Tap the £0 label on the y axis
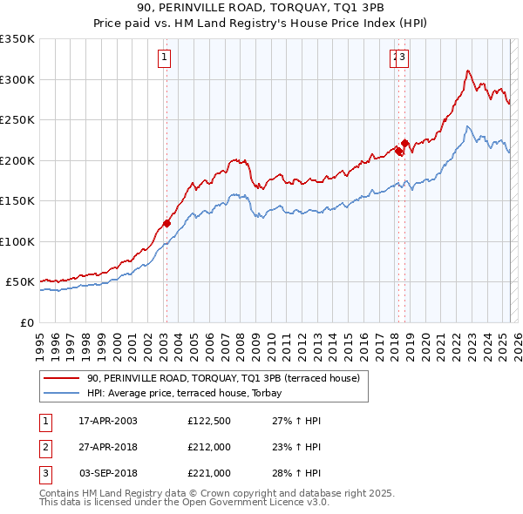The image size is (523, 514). (x=26, y=322)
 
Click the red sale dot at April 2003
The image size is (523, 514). (x=166, y=223)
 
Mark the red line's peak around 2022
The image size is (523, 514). (x=468, y=71)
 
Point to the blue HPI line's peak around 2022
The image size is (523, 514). (x=468, y=127)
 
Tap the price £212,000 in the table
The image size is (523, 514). (x=209, y=447)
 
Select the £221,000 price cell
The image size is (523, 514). (x=209, y=473)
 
